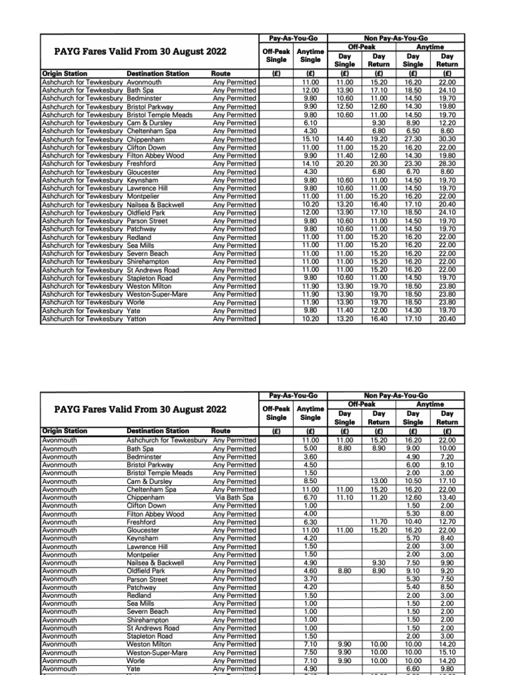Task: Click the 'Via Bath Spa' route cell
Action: pos(235,498)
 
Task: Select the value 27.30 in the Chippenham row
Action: pos(414,139)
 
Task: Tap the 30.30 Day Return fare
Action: pos(447,139)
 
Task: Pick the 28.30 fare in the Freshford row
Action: pos(447,163)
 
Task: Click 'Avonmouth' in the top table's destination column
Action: pos(143,82)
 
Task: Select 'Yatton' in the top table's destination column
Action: pos(136,318)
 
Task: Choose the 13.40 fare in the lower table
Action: pos(447,498)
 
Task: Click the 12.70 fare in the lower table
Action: pos(447,522)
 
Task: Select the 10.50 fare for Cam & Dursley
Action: pos(414,481)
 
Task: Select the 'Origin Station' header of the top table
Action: pos(64,73)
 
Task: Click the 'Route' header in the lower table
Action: pos(221,431)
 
